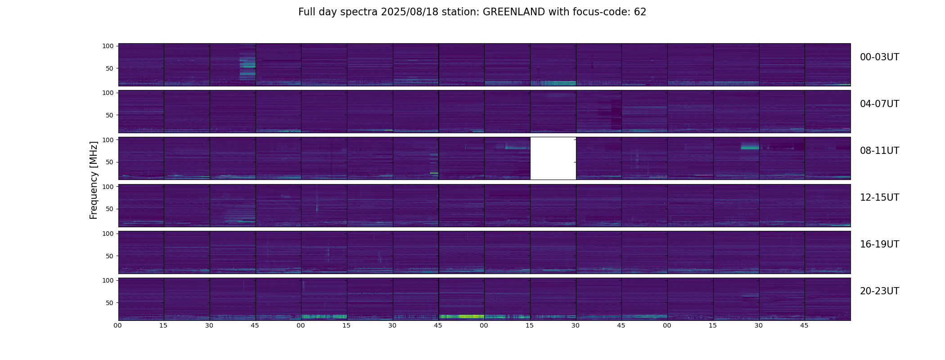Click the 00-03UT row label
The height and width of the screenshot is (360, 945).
click(x=879, y=57)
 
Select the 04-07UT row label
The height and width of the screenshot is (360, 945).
click(x=879, y=104)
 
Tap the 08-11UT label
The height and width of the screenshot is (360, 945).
click(x=879, y=151)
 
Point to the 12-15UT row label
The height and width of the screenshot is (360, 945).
click(x=879, y=198)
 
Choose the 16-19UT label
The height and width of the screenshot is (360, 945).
click(x=879, y=244)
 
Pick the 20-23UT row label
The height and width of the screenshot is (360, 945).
click(x=879, y=291)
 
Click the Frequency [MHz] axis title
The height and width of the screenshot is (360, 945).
click(x=94, y=180)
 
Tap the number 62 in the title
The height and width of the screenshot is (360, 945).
click(x=640, y=12)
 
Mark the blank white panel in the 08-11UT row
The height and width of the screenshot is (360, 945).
click(x=553, y=158)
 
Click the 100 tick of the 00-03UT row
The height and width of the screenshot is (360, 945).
click(x=108, y=46)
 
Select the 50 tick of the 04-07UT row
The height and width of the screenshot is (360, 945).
click(x=110, y=115)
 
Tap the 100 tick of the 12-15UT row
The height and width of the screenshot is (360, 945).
click(x=108, y=186)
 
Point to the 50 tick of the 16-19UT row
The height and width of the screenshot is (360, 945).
click(x=110, y=256)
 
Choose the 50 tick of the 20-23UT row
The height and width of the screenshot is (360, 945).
click(x=110, y=303)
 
